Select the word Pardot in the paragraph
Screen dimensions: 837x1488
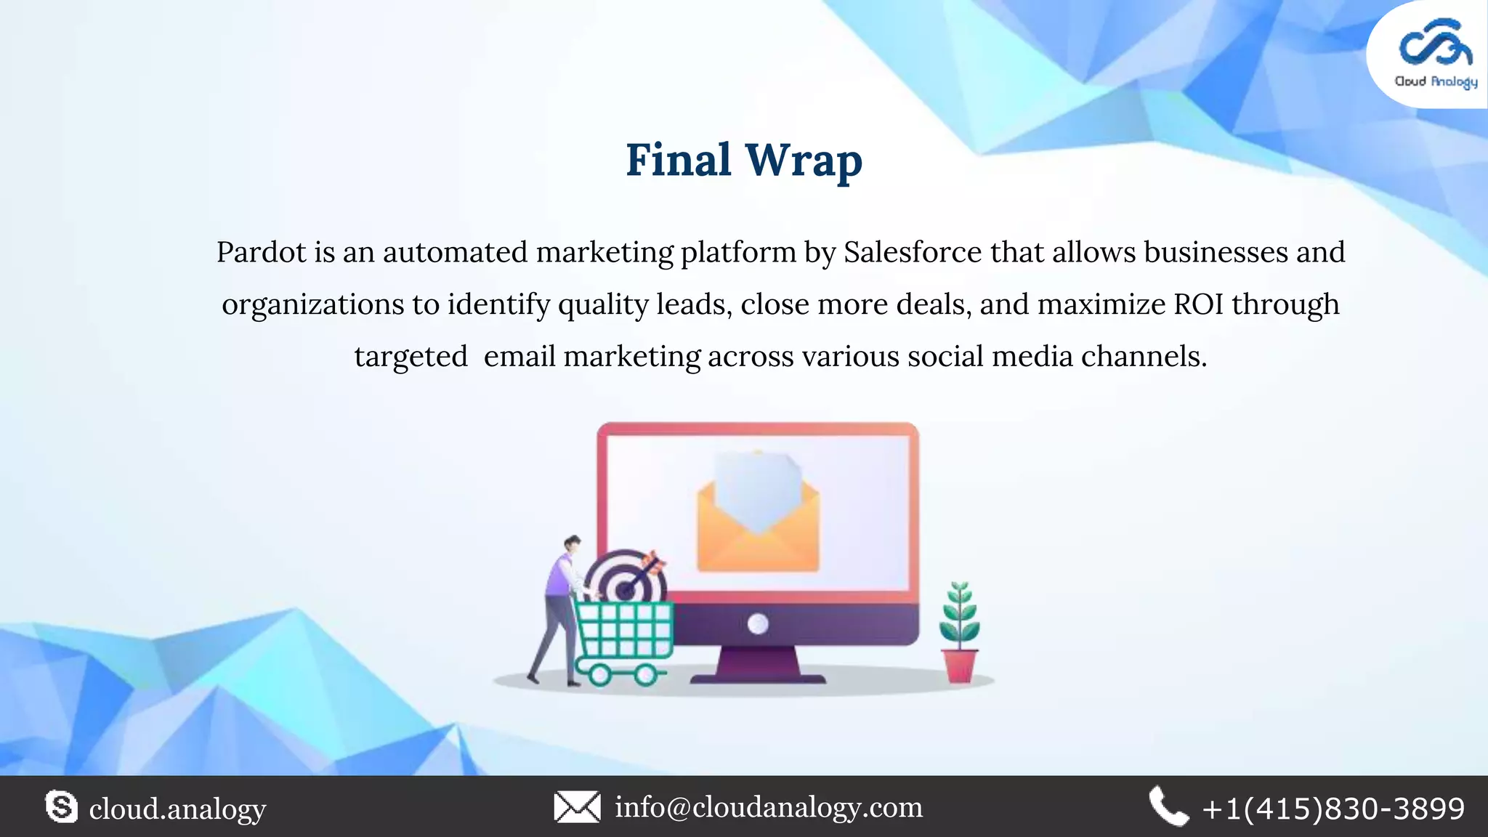[x=262, y=253]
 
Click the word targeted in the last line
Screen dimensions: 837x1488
[x=411, y=357]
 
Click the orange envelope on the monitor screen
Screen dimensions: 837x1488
[x=758, y=523]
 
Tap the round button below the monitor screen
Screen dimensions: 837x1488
[x=758, y=623]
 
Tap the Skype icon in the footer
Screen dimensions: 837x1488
[x=61, y=807]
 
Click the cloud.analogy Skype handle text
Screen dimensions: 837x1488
[x=177, y=809]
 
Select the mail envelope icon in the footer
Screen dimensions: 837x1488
[x=577, y=807]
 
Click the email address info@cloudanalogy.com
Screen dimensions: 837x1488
[x=769, y=807]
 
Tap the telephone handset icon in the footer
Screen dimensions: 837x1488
[x=1168, y=807]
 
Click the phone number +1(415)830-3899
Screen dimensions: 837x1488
[x=1333, y=809]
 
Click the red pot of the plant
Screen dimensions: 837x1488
[x=960, y=666]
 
